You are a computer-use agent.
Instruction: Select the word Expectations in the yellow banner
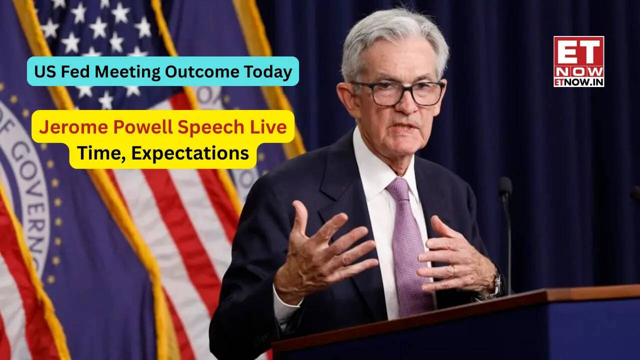pyautogui.click(x=190, y=152)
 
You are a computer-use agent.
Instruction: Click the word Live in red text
pyautogui.click(x=270, y=127)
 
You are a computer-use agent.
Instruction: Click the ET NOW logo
pyautogui.click(x=578, y=56)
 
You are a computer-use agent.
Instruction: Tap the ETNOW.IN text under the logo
pyautogui.click(x=578, y=81)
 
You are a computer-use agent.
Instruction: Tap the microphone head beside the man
pyautogui.click(x=505, y=186)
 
